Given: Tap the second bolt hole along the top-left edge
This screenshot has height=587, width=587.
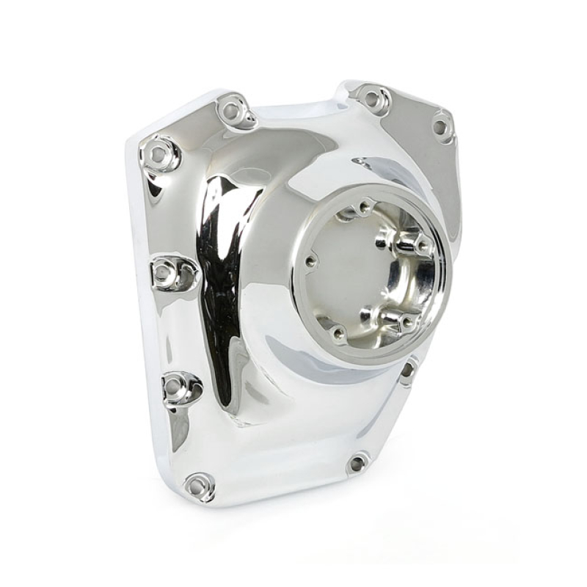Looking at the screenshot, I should (232, 112).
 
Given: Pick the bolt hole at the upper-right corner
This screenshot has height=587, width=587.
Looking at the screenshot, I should (440, 126).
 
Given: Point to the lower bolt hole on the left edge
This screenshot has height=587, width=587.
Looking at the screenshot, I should (176, 387).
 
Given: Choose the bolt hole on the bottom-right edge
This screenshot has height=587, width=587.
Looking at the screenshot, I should (357, 462).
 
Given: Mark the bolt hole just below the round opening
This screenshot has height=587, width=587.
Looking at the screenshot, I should (406, 371).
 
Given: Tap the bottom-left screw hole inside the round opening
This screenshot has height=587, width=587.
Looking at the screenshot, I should (338, 334).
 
